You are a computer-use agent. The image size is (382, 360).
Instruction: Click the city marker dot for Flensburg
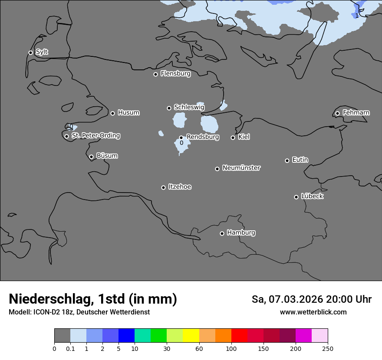[155, 74]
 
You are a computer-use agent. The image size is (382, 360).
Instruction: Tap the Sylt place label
[42, 52]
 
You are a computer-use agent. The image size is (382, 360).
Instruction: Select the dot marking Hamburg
[222, 233]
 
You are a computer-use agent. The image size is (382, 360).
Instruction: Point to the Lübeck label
[312, 196]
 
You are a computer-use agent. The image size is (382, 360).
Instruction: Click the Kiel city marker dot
[233, 137]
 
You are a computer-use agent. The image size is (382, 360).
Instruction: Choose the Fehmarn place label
[356, 113]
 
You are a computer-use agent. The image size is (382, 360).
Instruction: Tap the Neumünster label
[241, 168]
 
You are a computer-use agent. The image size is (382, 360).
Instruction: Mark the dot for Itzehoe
[163, 187]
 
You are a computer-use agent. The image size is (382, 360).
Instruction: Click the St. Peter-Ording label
[95, 135]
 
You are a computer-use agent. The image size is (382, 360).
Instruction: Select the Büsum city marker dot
[91, 157]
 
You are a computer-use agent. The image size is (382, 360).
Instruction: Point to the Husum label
[128, 113]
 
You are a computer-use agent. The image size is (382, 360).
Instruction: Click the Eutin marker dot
[287, 160]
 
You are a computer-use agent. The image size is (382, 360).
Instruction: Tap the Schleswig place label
[189, 107]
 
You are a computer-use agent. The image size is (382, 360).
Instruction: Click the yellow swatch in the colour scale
[191, 336]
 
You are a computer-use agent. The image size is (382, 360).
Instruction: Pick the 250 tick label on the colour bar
[328, 348]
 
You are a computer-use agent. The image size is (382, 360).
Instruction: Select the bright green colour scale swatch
[159, 336]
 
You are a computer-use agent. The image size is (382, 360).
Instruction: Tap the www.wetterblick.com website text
[313, 312]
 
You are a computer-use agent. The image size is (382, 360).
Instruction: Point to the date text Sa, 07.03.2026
[286, 299]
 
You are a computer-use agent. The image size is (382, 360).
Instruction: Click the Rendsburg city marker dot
[181, 137]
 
